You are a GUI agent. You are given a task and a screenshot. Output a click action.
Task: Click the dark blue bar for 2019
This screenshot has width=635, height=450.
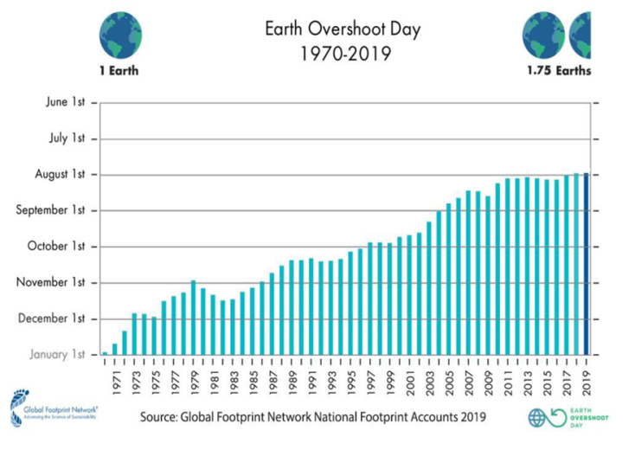click(587, 264)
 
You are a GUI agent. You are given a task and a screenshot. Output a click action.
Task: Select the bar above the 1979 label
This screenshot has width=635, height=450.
click(193, 318)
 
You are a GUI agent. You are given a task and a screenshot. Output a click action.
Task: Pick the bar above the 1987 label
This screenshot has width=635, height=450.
click(272, 313)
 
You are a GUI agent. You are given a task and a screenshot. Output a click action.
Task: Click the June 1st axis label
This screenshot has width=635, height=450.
click(65, 103)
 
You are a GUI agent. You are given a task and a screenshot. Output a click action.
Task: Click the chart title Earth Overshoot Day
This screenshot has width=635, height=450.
click(343, 29)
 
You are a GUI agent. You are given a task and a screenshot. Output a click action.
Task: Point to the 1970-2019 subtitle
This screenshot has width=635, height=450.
click(343, 54)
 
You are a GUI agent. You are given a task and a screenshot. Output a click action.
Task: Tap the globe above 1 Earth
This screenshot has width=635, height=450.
click(120, 35)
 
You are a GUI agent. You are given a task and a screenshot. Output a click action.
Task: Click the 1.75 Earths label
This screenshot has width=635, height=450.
click(559, 71)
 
